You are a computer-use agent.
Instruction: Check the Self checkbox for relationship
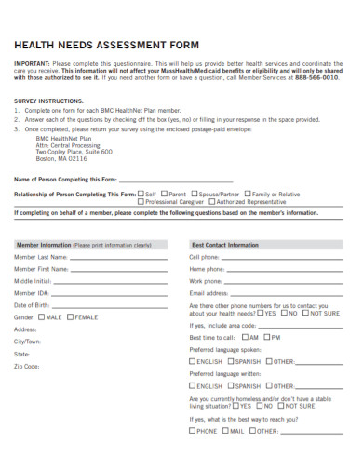click(141, 194)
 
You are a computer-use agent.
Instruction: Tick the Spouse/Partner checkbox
click(197, 194)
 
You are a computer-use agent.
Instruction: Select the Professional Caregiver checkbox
click(141, 201)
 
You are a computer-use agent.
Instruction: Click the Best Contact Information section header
click(225, 244)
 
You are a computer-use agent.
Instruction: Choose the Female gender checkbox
click(71, 317)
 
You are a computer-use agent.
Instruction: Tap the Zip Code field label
click(27, 366)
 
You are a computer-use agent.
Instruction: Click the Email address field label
click(208, 292)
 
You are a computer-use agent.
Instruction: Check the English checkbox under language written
click(193, 385)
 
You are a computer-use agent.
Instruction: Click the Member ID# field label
click(30, 292)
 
